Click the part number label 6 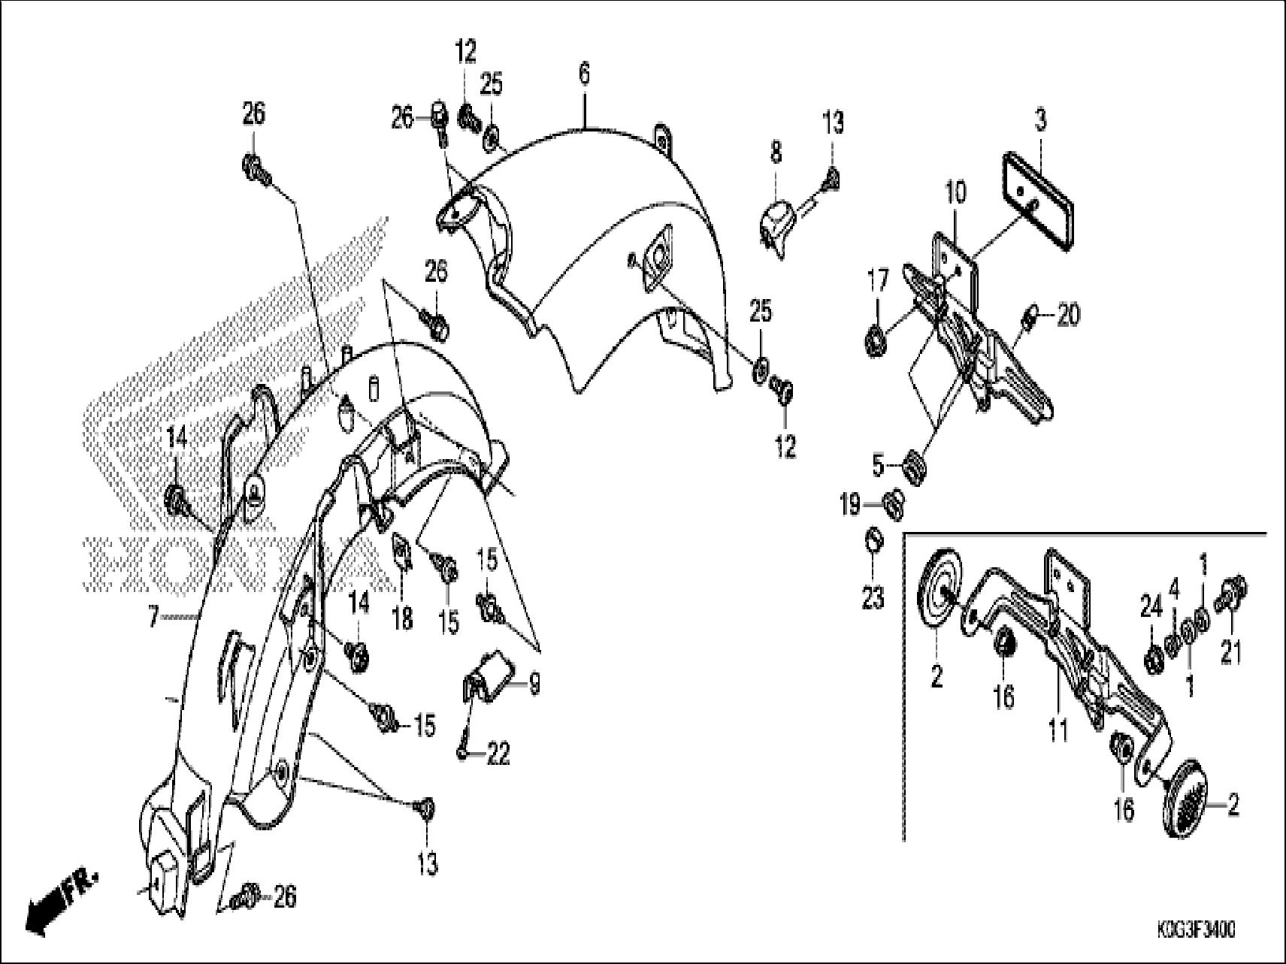584,74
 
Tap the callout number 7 153,618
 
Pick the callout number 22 498,754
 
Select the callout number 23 873,598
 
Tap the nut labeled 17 876,343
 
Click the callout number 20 1068,316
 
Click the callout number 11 1058,729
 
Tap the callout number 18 402,618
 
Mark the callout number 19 850,505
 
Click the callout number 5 878,466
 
